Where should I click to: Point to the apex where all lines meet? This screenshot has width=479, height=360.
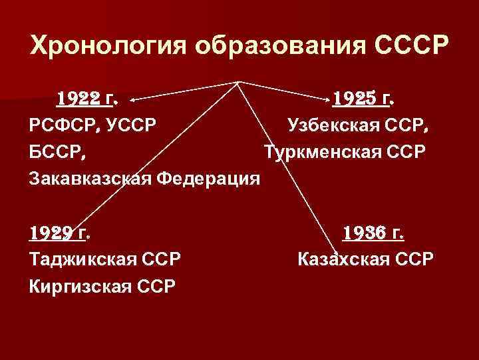pyautogui.click(x=238, y=83)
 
